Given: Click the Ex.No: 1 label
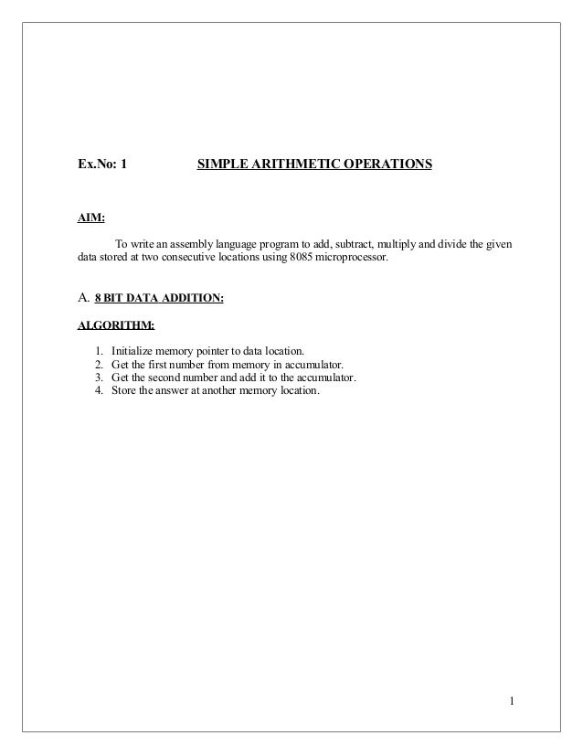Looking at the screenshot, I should [101, 165].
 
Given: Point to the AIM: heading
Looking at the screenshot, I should [90, 218].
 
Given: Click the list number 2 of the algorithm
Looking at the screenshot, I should [98, 365].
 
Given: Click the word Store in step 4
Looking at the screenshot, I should [123, 391].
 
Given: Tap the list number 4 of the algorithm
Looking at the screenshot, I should [98, 391].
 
